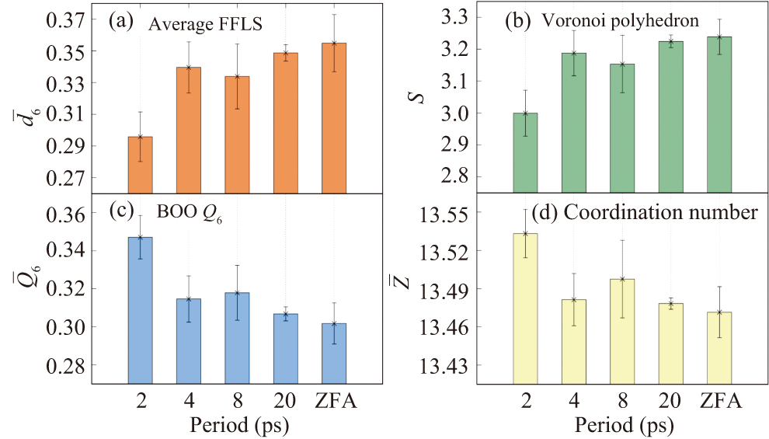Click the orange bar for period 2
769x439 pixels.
coord(141,165)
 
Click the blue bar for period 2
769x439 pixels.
coord(141,310)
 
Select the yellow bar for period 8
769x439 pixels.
coord(623,330)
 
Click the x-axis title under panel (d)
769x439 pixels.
coord(624,425)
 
